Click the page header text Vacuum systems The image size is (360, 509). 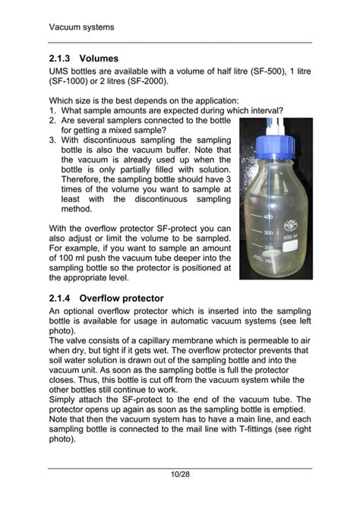(x=81, y=27)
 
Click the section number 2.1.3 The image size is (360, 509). (x=61, y=58)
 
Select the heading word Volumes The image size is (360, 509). (x=99, y=58)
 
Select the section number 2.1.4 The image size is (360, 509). (x=61, y=298)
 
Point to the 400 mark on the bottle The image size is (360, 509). (x=267, y=218)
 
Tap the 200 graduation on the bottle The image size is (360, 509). (x=267, y=248)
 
